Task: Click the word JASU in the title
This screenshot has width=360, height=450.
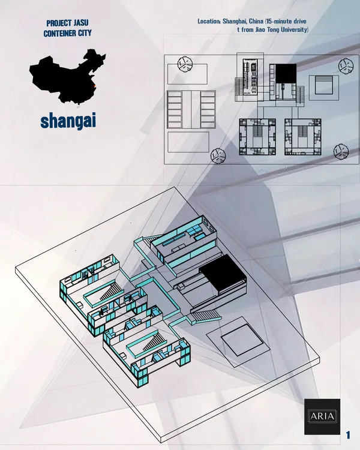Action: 80,23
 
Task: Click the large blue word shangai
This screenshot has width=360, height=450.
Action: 68,121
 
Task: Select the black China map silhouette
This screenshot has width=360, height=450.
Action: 67,76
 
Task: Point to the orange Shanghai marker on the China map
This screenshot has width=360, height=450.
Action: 95,86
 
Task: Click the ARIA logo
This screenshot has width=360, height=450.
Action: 322,416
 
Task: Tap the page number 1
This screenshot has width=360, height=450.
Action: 348,435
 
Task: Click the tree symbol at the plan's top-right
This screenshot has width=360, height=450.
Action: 346,66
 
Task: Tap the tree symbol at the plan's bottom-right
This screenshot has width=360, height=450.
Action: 341,151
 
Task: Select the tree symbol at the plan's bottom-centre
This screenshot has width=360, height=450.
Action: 218,156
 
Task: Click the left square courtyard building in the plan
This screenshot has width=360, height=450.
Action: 257,137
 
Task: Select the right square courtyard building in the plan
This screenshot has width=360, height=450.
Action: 303,137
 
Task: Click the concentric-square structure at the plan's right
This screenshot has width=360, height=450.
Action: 324,87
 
